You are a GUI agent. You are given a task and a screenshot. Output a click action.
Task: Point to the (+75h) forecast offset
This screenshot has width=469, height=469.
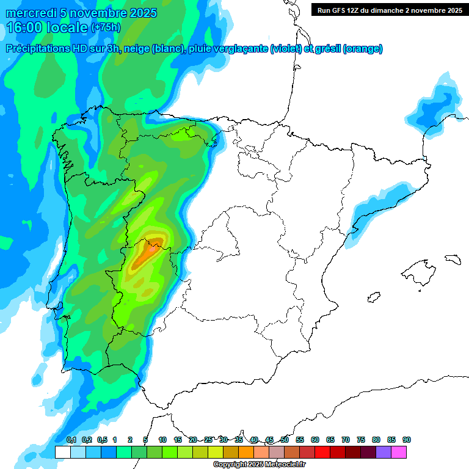[106, 27]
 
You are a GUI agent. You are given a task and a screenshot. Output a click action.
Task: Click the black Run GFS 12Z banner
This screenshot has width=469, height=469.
[389, 10]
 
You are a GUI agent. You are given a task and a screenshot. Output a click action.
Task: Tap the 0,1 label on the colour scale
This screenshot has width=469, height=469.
[71, 440]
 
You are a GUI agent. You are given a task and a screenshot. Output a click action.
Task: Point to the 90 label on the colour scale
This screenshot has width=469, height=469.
[407, 440]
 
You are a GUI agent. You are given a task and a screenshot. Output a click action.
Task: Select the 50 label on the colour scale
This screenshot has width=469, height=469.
[285, 440]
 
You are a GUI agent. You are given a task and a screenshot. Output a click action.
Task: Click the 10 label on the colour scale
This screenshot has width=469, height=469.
[162, 440]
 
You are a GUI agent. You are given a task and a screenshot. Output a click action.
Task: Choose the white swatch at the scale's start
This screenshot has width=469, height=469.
[62, 452]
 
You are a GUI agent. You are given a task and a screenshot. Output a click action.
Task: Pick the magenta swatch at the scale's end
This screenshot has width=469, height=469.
[398, 452]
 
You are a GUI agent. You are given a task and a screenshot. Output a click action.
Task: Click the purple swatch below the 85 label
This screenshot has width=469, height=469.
[383, 452]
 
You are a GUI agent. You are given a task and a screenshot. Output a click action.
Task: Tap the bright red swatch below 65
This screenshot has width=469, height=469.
[322, 452]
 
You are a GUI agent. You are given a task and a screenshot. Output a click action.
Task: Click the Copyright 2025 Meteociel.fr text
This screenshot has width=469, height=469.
[260, 465]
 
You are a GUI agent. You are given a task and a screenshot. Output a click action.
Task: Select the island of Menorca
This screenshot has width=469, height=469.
[453, 259]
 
